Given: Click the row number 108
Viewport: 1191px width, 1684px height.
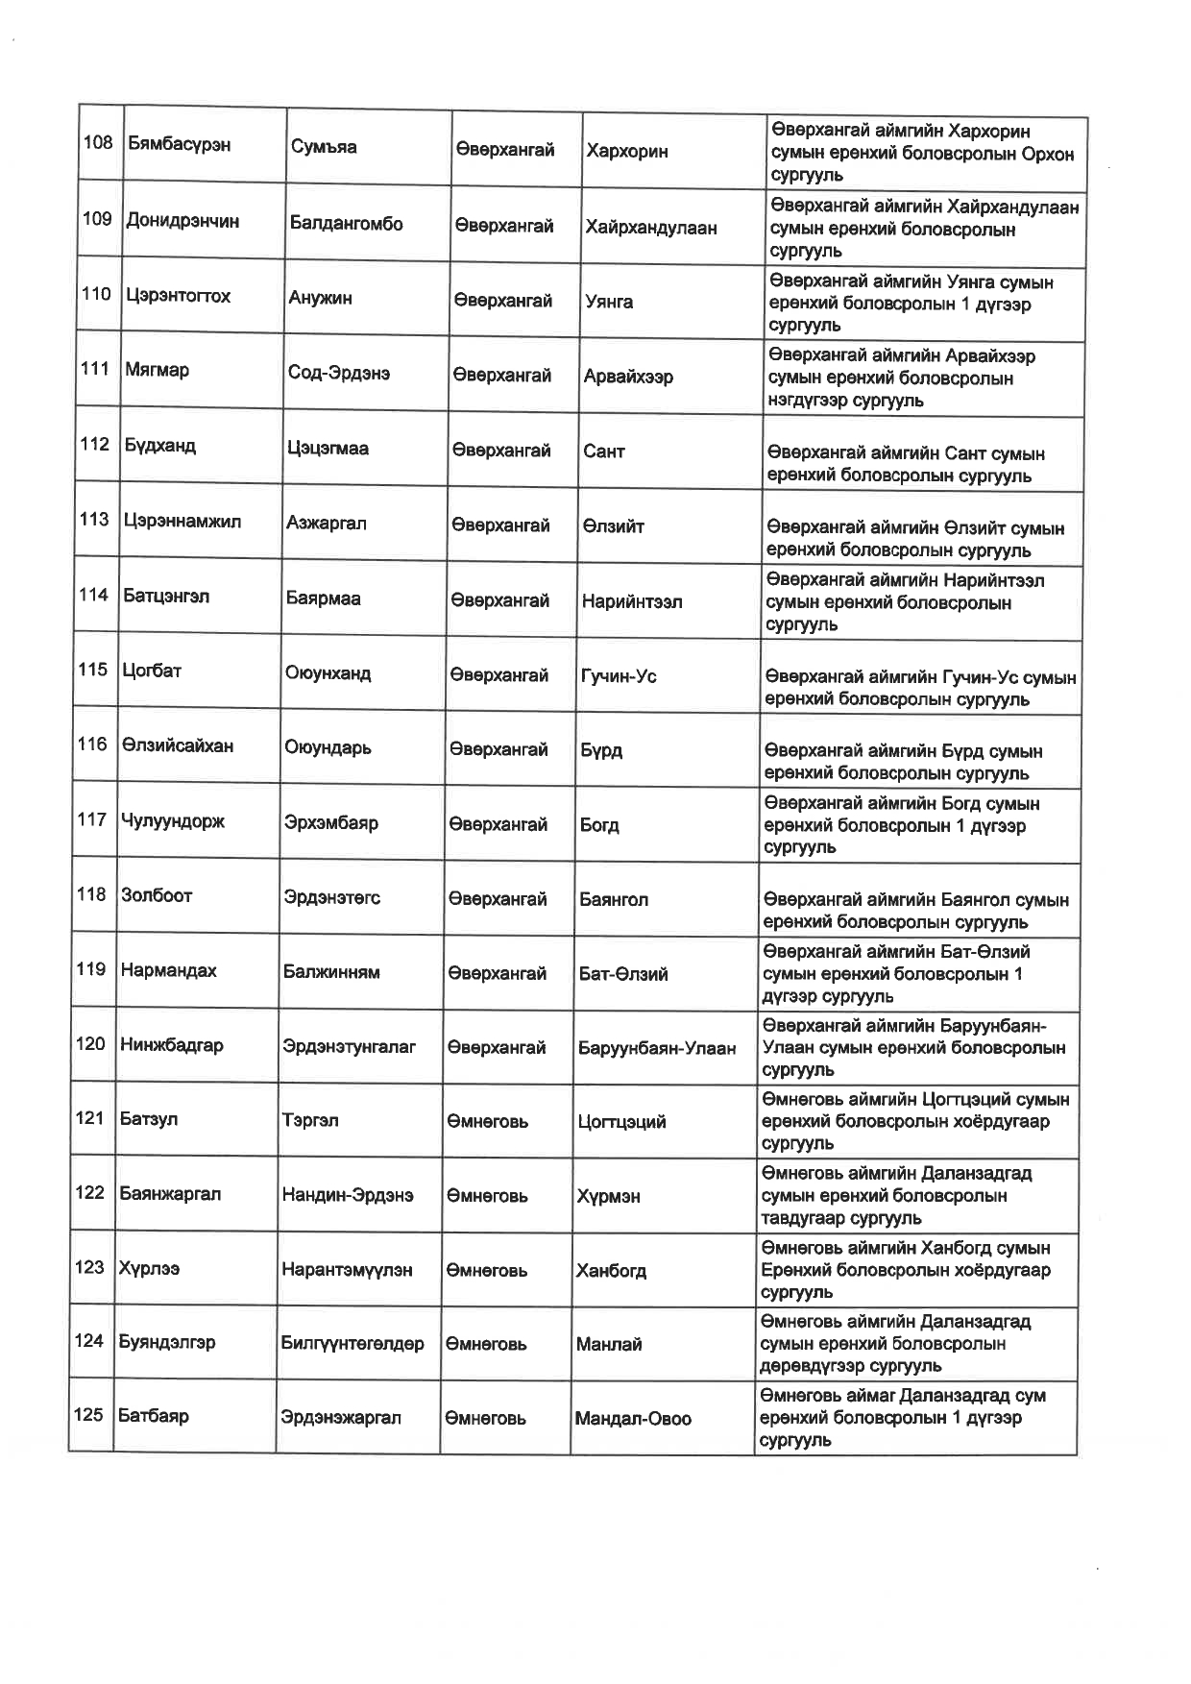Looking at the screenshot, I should [x=98, y=143].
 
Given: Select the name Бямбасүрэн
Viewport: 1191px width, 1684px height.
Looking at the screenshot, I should [x=178, y=144].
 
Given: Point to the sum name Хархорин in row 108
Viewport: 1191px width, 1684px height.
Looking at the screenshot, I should [x=626, y=151].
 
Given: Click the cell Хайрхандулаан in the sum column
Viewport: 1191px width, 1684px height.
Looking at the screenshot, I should [x=650, y=228].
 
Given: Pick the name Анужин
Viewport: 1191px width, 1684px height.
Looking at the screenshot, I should [x=320, y=298].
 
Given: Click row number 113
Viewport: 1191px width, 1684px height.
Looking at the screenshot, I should [x=94, y=520].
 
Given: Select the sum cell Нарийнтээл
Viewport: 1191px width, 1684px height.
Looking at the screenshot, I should [x=631, y=602].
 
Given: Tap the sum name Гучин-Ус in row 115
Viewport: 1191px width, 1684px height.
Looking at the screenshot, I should [x=619, y=676].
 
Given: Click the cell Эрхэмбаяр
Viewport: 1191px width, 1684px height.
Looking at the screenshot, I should [x=330, y=823].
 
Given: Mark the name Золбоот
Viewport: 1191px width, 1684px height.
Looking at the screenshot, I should [x=157, y=895].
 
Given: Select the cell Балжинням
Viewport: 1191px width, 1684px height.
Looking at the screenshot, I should [x=330, y=972].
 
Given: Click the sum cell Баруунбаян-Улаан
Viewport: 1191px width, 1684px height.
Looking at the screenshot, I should [x=656, y=1048].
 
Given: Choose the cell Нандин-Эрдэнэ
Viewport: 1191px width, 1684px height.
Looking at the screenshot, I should [x=347, y=1195].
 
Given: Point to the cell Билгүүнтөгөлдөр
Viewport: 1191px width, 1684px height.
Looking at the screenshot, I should [x=352, y=1344].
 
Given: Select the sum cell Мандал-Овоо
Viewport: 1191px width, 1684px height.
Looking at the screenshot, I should [x=632, y=1419].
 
